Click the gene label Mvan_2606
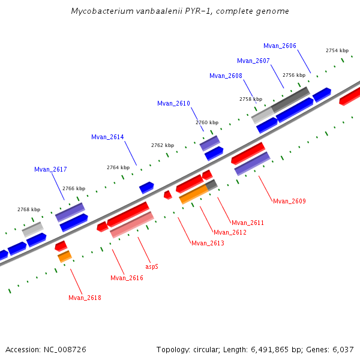point(280,46)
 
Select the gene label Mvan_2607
point(253,61)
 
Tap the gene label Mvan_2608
point(226,76)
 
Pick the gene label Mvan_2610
point(173,103)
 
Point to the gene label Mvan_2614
point(107,137)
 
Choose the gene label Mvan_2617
point(50,169)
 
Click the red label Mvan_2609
point(289,201)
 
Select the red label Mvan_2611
point(248,223)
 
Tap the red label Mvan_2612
point(230,232)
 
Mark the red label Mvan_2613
point(208,243)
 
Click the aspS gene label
point(152,266)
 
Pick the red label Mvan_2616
point(127,278)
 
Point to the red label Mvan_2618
point(85,298)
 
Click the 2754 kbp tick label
point(337,50)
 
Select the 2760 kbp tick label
point(207,122)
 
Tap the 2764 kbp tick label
point(118,167)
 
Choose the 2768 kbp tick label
point(29,209)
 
